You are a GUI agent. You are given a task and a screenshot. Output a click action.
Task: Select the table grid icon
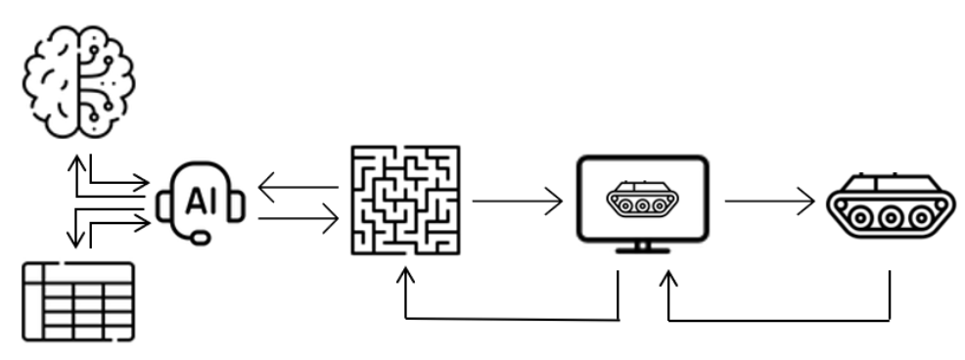tap(77, 299)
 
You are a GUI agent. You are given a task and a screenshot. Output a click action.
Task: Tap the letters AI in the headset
tap(201, 202)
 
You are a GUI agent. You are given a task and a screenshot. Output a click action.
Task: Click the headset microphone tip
tap(200, 238)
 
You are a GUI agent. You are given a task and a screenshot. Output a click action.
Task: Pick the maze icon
tap(405, 201)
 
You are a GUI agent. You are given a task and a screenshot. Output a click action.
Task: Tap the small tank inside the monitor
tap(642, 200)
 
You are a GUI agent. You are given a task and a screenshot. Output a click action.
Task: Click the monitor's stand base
tap(642, 249)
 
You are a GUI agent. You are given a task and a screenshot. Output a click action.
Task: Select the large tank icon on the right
tap(889, 204)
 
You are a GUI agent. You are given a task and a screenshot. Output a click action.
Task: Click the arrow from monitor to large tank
tap(768, 202)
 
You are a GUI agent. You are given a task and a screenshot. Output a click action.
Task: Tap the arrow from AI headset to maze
tap(298, 220)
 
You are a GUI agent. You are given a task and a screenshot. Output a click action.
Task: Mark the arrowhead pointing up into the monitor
tap(668, 279)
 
